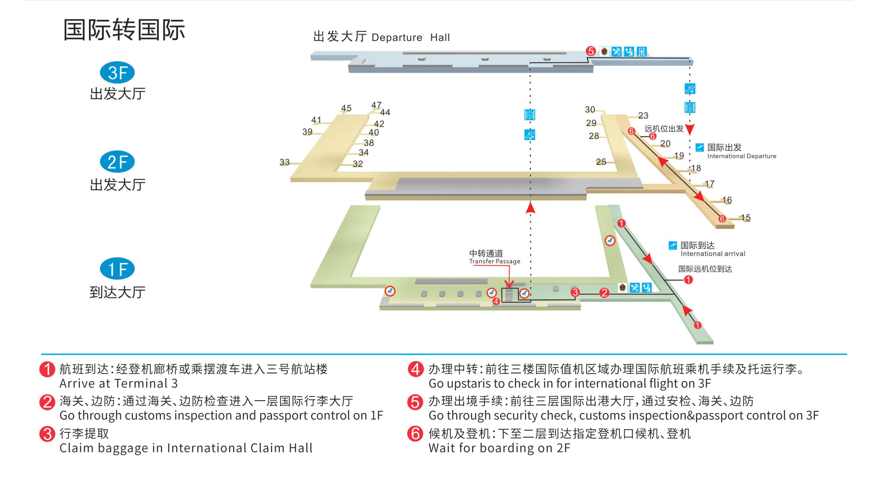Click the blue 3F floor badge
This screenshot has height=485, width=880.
(x=117, y=73)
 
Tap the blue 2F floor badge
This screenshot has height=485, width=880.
(x=117, y=162)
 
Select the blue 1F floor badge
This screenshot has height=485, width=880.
(x=117, y=269)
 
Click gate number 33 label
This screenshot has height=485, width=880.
(x=284, y=162)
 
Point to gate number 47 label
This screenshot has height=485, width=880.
(x=376, y=105)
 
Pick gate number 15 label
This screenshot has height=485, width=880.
(x=745, y=217)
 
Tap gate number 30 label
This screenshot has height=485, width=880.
(x=590, y=109)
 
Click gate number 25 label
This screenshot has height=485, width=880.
(x=601, y=161)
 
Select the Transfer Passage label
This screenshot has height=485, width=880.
(x=494, y=261)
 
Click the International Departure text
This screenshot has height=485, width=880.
(x=741, y=156)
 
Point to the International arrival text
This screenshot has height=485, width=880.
(x=712, y=253)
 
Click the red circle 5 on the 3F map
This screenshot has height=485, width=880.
(x=591, y=51)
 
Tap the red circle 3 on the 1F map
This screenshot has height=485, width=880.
(x=575, y=292)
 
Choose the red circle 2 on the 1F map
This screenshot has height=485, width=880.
(x=604, y=293)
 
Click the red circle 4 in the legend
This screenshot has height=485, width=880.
(x=415, y=369)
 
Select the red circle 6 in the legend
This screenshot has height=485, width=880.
(x=415, y=433)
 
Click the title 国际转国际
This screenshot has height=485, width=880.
(x=124, y=30)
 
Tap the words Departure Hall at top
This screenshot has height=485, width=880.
(x=410, y=37)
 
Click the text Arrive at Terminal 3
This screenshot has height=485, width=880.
(x=118, y=383)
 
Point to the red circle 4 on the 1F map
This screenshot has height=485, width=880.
(x=496, y=301)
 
